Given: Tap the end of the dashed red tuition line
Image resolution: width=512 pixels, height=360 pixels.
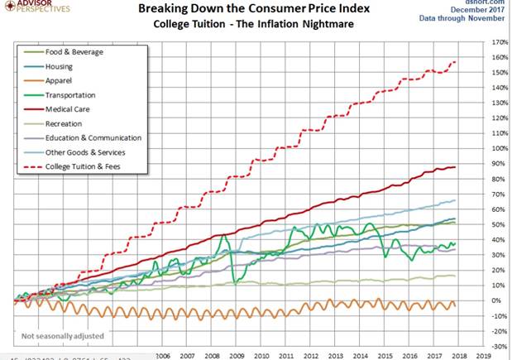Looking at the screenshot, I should [455, 62].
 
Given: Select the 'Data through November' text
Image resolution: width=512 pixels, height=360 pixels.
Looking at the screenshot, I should [476, 17].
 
